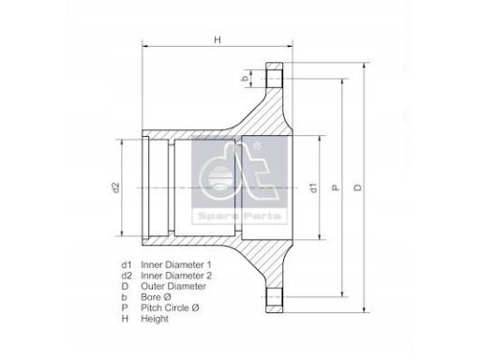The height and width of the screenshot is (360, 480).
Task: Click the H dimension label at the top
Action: pos(217,39)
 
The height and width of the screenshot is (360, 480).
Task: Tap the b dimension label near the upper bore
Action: pos(246,78)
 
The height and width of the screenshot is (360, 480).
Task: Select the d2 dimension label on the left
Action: pos(116,187)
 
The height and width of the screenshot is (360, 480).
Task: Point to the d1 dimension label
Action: pos(313,187)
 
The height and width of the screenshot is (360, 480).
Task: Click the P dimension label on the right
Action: pos(335,187)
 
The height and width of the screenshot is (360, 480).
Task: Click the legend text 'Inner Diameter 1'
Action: pos(176,264)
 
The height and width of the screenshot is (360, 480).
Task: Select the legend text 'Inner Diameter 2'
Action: pos(176,276)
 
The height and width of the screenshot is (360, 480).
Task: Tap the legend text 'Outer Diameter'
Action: pos(173,286)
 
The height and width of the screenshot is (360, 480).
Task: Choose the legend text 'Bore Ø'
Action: pos(156,297)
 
